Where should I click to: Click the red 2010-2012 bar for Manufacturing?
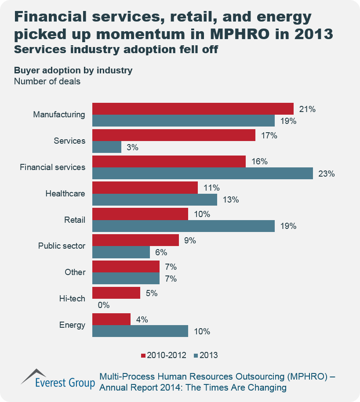[x=193, y=109]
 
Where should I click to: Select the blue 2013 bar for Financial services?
[x=202, y=173]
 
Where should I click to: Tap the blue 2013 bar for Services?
[x=106, y=147]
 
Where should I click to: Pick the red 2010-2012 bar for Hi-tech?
[x=116, y=293]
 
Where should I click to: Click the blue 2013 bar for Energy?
[x=140, y=331]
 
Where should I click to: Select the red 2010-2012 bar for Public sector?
[x=135, y=240]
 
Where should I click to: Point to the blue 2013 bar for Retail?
[x=183, y=226]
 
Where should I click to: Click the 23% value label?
[x=326, y=174]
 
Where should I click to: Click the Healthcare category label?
[x=65, y=193]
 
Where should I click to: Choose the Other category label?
[x=75, y=272]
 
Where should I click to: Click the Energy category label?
[x=72, y=325]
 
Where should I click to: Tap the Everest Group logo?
[x=58, y=380]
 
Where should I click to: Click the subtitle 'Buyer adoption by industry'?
[x=73, y=70]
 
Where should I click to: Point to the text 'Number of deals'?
[x=47, y=81]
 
